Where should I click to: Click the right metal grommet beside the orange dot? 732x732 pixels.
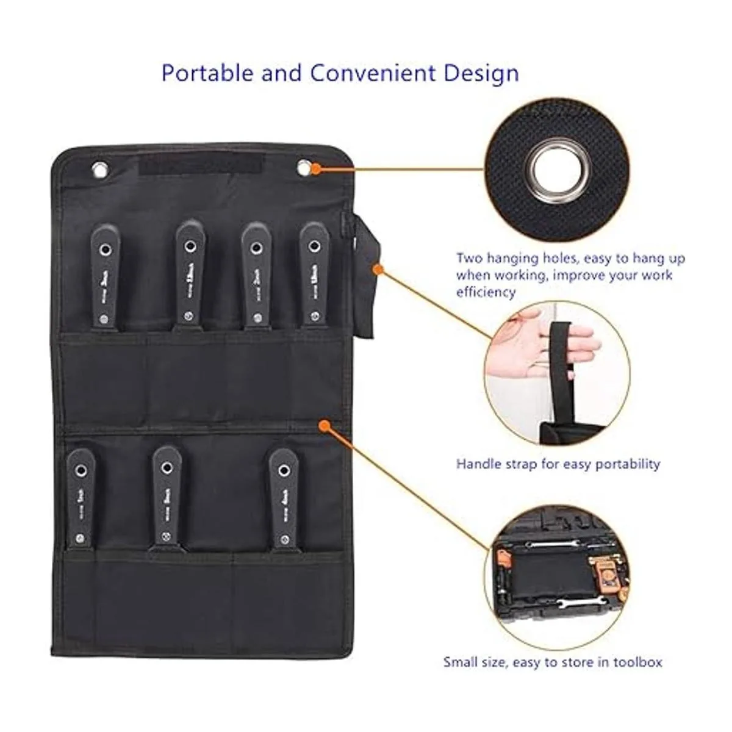pyautogui.click(x=304, y=167)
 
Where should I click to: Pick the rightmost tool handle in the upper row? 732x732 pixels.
pyautogui.click(x=314, y=274)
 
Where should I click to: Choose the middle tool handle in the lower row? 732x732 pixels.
pyautogui.click(x=167, y=494)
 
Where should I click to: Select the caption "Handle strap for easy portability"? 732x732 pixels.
pyautogui.click(x=558, y=464)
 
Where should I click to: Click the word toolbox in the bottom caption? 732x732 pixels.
pyautogui.click(x=634, y=662)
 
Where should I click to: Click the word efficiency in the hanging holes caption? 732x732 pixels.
pyautogui.click(x=486, y=292)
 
